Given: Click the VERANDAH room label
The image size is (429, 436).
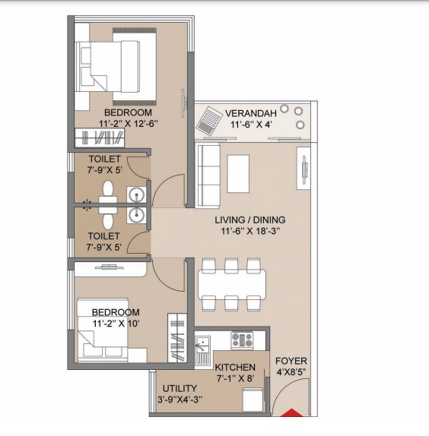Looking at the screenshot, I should click(252, 114).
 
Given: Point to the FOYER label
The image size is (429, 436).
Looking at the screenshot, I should click(291, 361).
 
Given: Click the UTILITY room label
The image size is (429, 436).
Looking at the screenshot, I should click(180, 388).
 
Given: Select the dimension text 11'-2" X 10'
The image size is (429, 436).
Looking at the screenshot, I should click(116, 324).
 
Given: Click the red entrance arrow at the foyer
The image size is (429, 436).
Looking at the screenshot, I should click(291, 415).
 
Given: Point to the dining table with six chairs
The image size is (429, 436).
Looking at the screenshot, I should click(231, 283).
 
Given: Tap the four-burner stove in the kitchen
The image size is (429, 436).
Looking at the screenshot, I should click(242, 339).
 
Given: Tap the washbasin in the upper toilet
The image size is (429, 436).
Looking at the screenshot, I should click(138, 194).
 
